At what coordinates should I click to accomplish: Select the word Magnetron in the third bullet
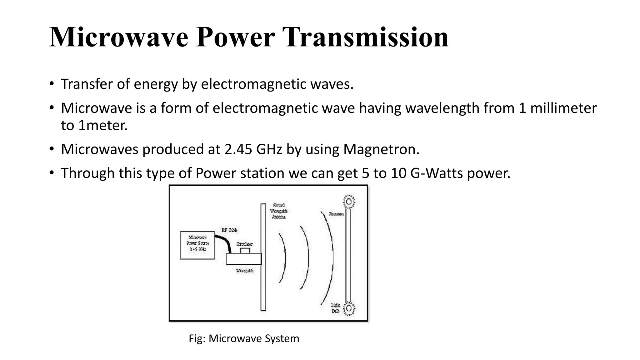tap(381, 149)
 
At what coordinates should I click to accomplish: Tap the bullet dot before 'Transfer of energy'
tap(52, 84)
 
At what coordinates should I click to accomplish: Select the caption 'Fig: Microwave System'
tap(244, 338)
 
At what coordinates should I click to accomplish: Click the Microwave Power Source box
tap(197, 245)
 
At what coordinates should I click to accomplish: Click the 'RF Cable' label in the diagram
tap(230, 230)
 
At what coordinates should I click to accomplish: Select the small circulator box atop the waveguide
tap(245, 251)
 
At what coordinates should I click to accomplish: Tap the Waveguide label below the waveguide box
tap(245, 271)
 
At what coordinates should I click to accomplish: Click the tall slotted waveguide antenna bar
tap(263, 257)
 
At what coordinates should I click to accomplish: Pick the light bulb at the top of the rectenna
tap(349, 202)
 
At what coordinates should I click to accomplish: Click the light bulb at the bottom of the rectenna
tap(349, 308)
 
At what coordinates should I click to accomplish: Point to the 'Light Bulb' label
tap(336, 308)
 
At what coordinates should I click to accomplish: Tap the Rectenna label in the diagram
tap(336, 214)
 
